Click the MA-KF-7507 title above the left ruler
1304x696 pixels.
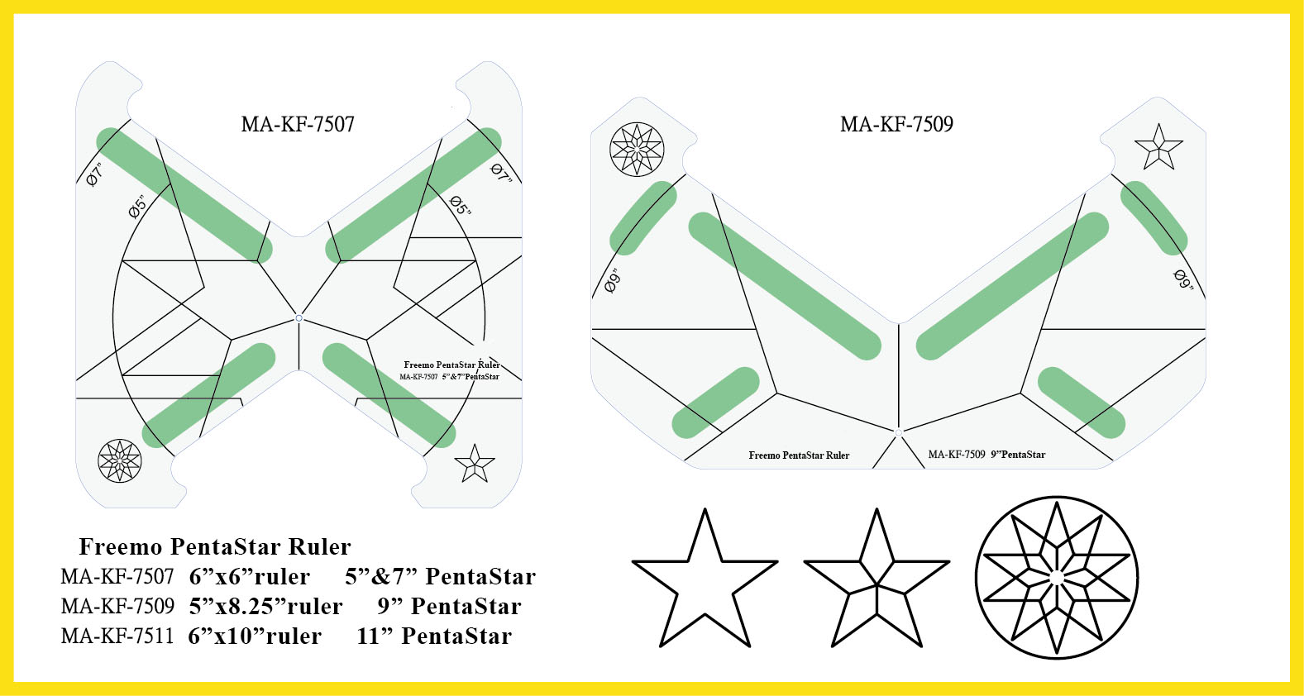298,124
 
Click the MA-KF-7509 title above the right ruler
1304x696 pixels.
896,124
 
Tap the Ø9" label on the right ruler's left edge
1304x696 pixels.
612,280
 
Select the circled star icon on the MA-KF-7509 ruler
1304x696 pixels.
637,150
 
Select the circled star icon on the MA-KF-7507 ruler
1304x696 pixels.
119,461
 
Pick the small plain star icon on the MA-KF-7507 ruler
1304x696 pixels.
475,464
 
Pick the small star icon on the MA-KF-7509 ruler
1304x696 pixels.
1158,146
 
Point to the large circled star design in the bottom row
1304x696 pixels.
1057,578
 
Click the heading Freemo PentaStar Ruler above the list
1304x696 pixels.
215,547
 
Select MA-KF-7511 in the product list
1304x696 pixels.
117,636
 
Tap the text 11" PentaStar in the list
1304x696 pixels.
434,636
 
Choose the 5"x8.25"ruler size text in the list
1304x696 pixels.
266,606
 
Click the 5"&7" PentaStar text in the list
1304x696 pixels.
440,576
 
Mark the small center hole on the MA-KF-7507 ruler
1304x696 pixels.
299,318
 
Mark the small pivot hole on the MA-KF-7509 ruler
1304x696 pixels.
898,432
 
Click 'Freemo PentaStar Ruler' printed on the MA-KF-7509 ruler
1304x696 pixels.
799,455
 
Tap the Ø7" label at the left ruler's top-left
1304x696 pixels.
94,174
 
